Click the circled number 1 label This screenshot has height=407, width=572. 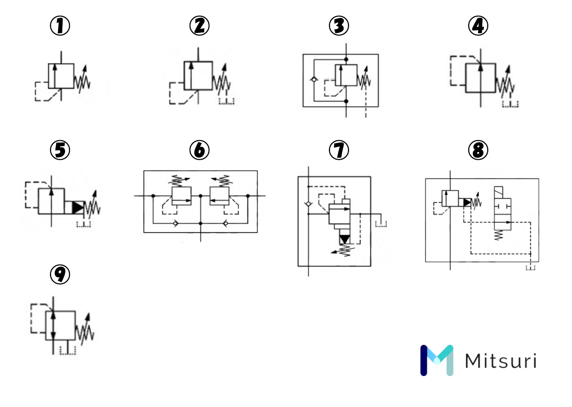[x=60, y=26]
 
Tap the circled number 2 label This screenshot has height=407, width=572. [x=199, y=26]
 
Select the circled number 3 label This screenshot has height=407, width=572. [x=339, y=26]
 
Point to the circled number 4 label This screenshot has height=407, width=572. [x=478, y=26]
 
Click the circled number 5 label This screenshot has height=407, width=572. [x=60, y=150]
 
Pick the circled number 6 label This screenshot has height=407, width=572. [x=199, y=150]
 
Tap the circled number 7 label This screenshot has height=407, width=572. [x=339, y=150]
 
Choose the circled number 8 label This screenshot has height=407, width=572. [x=478, y=150]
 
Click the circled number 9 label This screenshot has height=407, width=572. [x=60, y=274]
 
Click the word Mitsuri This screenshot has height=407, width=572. [x=501, y=361]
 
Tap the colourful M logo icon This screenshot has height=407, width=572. [x=437, y=360]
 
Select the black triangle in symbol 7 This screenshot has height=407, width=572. [x=345, y=239]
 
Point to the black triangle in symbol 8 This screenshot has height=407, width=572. [x=467, y=203]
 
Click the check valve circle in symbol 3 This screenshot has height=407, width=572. [x=314, y=80]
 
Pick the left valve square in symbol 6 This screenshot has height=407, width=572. [x=181, y=196]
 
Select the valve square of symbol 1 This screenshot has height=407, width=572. [x=61, y=76]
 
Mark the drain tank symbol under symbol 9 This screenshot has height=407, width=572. [x=68, y=350]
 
